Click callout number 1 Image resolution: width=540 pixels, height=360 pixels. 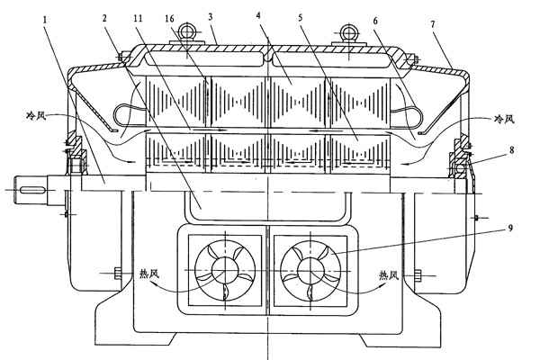[46, 17]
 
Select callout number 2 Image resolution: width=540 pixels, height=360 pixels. [104, 17]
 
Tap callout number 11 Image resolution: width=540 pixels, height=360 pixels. [136, 17]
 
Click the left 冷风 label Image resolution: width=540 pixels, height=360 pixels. [37, 117]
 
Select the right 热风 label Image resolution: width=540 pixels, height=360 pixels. [390, 274]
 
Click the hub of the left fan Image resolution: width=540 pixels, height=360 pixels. [223, 267]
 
